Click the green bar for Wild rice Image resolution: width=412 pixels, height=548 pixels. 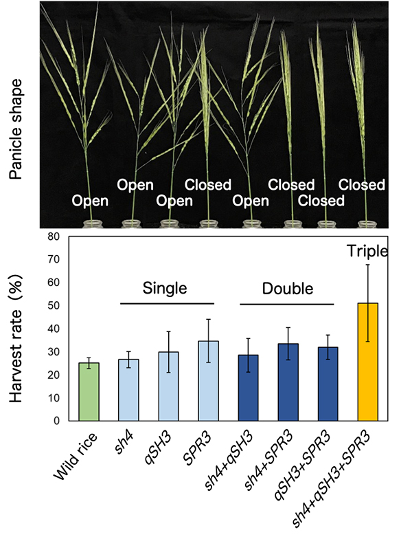[89, 392]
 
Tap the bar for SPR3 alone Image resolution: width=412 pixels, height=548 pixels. [209, 381]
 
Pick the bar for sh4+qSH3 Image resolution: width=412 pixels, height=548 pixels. [249, 388]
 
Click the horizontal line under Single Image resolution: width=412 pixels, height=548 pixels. [168, 303]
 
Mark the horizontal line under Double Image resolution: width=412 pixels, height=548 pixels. [287, 303]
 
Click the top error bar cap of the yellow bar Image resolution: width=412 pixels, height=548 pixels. [368, 265]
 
